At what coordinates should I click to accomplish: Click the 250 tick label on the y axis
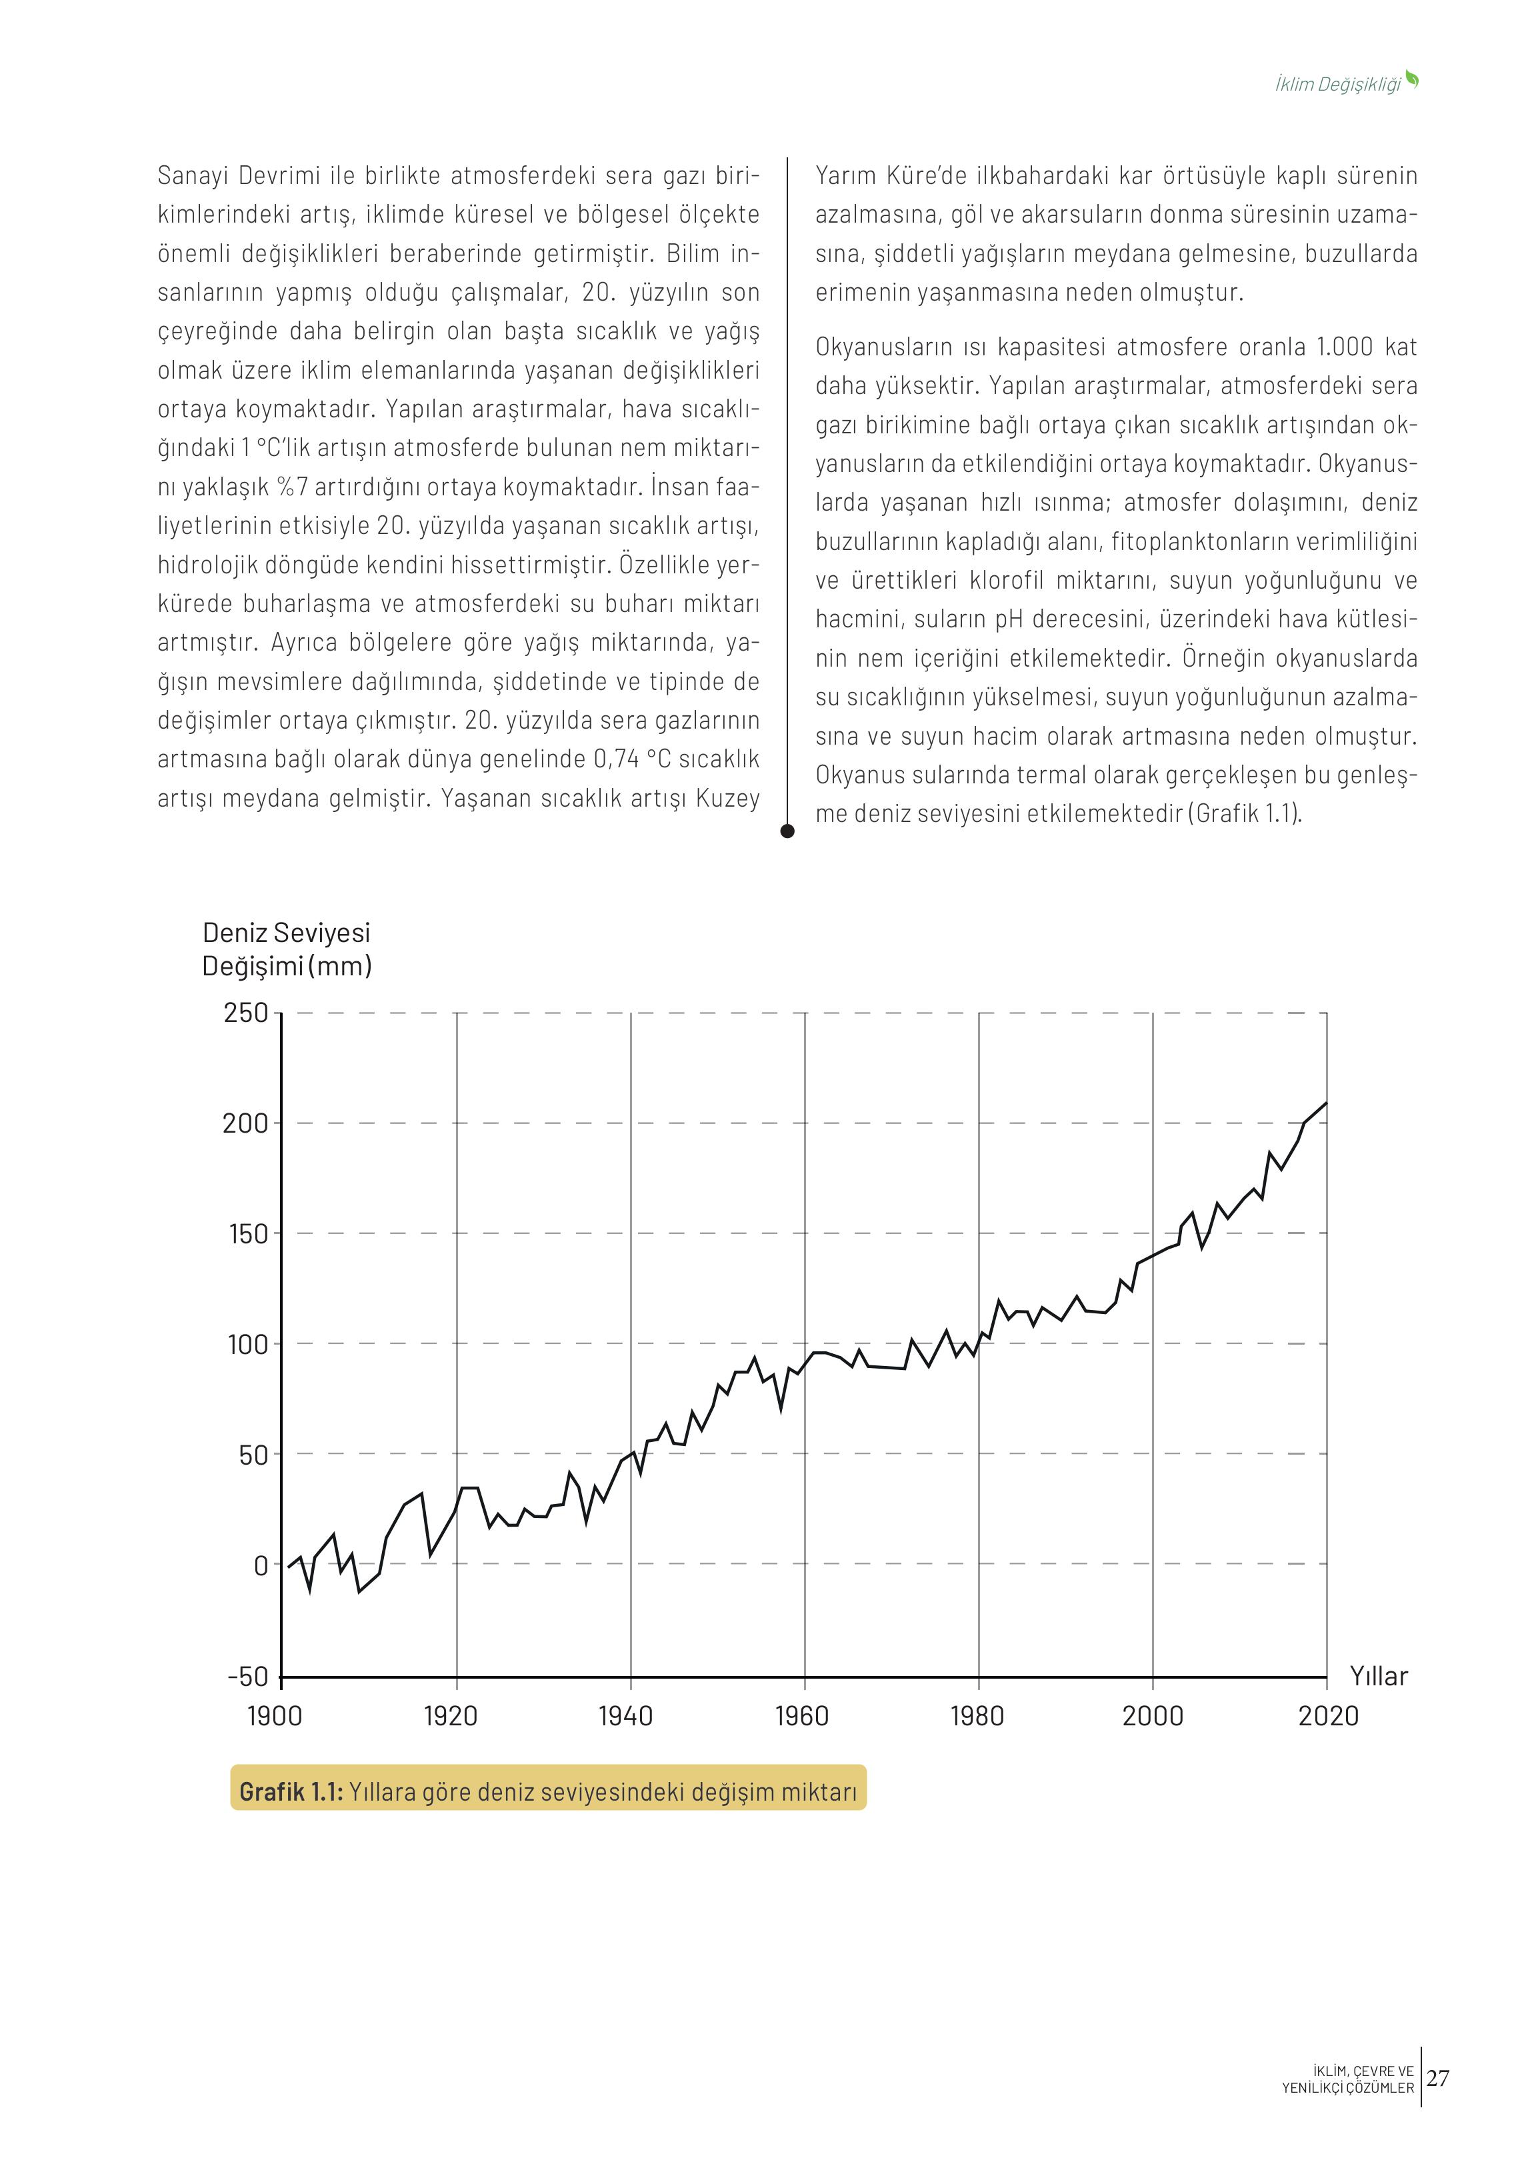click(246, 1013)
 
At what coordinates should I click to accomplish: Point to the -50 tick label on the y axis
click(248, 1677)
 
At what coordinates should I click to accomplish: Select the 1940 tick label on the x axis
click(626, 1716)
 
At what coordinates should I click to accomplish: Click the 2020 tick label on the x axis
click(1328, 1716)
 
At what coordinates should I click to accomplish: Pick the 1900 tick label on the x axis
click(274, 1716)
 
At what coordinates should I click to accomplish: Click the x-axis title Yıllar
click(1378, 1676)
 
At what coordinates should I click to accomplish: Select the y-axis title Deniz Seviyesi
click(285, 933)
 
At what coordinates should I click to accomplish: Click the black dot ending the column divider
click(787, 831)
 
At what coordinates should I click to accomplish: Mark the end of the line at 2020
click(1327, 1103)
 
